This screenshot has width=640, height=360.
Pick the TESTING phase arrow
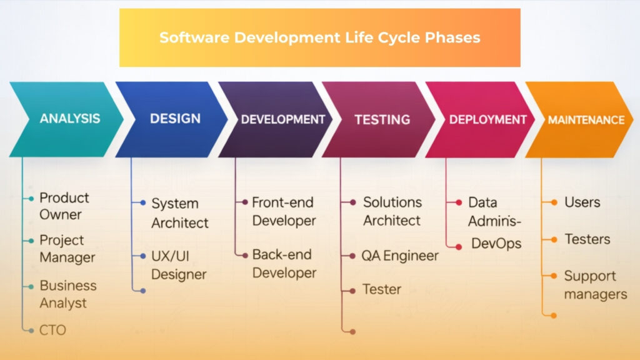[382, 119]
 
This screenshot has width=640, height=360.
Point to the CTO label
[52, 329]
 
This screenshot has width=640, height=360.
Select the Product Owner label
[64, 206]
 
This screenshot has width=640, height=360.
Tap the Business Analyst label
[67, 294]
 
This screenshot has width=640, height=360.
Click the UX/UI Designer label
[178, 265]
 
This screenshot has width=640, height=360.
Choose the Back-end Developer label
[284, 264]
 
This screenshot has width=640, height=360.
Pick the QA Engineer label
[400, 256]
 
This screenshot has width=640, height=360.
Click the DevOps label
[496, 244]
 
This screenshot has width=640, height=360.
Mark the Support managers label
[594, 284]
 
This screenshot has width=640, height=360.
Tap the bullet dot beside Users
[554, 202]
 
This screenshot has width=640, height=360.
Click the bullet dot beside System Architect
[143, 203]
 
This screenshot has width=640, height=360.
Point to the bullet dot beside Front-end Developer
[245, 202]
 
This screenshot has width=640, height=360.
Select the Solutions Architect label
[392, 211]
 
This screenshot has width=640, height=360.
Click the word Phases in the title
[452, 37]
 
